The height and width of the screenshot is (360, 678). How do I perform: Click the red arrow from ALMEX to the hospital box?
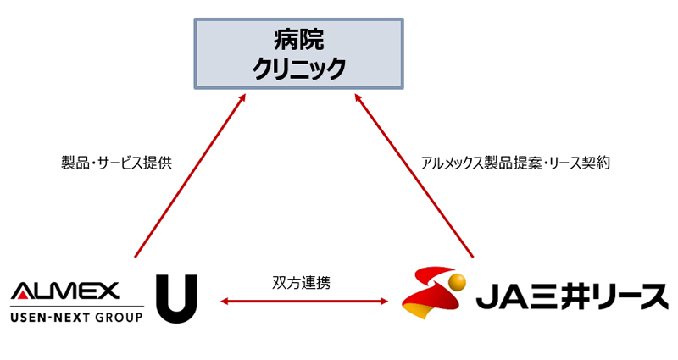(x=188, y=177)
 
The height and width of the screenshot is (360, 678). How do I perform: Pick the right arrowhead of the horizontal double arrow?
(x=385, y=300)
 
